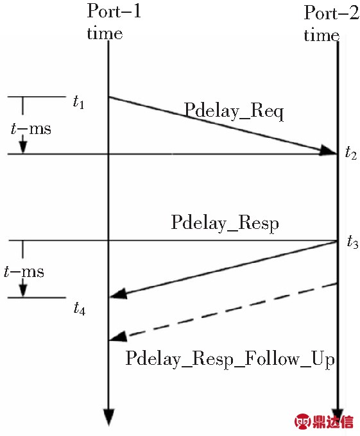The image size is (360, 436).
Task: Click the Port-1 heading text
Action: click(x=114, y=11)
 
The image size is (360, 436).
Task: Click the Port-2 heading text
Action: click(x=331, y=13)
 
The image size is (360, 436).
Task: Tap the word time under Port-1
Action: click(x=105, y=33)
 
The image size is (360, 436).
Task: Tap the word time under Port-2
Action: click(x=321, y=35)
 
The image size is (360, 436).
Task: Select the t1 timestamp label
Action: click(x=78, y=102)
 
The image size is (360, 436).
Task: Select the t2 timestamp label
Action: click(x=351, y=153)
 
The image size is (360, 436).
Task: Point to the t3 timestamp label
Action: click(x=352, y=241)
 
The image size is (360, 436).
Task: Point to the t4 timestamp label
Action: click(x=80, y=308)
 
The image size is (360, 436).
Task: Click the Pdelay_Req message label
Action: click(x=234, y=111)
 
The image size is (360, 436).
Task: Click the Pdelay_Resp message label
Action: click(x=225, y=223)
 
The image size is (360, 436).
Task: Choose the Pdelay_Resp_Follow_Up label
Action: click(x=230, y=359)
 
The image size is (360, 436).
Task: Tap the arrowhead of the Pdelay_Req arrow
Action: click(x=328, y=150)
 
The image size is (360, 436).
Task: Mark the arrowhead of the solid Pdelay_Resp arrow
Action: click(x=119, y=294)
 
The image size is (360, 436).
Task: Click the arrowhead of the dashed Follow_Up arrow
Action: click(x=119, y=337)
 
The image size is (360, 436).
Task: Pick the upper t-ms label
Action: click(x=31, y=129)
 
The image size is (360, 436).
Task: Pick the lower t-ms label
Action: click(x=24, y=272)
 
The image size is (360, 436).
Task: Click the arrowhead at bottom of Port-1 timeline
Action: click(x=109, y=417)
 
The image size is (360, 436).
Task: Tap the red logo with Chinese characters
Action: click(x=324, y=421)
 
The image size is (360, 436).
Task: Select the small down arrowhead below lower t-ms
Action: click(x=23, y=291)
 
